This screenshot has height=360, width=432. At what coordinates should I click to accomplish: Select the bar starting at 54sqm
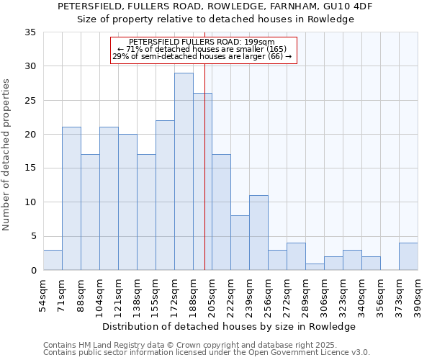point(53,260)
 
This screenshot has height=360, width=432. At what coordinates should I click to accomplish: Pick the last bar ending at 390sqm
point(408,256)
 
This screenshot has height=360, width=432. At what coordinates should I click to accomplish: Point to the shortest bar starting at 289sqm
point(315,266)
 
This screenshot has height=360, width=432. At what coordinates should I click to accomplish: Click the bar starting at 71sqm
point(71,199)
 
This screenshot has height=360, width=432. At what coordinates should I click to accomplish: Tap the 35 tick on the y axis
point(31,32)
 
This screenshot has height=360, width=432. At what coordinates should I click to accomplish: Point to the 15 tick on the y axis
point(31,168)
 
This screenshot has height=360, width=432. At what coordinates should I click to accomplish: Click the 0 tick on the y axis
point(33,271)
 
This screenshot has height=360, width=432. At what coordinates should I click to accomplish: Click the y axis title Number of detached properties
point(7,155)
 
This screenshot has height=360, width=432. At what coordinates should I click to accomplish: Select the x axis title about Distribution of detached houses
point(229,326)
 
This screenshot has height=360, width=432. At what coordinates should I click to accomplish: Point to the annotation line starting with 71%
point(202,49)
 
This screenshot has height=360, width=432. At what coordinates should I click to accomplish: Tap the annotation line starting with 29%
point(202,56)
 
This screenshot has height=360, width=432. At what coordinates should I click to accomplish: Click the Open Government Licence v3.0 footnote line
point(207,353)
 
